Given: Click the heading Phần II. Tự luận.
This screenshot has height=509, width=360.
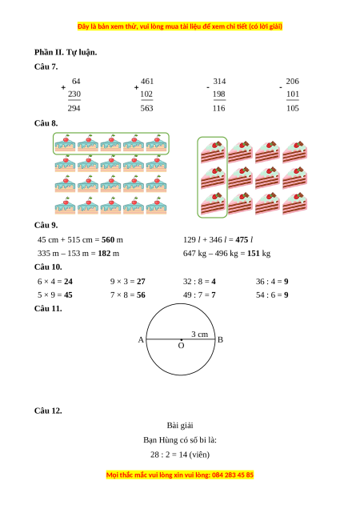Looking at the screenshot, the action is point(66,52).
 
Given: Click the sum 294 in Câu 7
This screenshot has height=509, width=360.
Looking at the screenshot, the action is point(74,108).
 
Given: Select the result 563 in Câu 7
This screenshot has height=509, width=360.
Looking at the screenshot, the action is point(146,108).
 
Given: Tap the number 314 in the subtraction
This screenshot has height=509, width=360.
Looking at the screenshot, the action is point(219,81).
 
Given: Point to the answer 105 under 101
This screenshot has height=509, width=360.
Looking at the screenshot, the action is point(293,108).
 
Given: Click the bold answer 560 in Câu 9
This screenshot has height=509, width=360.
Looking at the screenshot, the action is point(108,240).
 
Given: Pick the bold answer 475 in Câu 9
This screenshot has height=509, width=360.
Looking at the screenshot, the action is point(242,240).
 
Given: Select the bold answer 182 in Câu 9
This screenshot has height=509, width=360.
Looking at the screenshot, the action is point(104,253).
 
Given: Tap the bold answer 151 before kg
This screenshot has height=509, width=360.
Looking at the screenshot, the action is point(254,253).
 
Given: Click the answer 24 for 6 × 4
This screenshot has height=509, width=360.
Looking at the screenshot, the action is point(68,282).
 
